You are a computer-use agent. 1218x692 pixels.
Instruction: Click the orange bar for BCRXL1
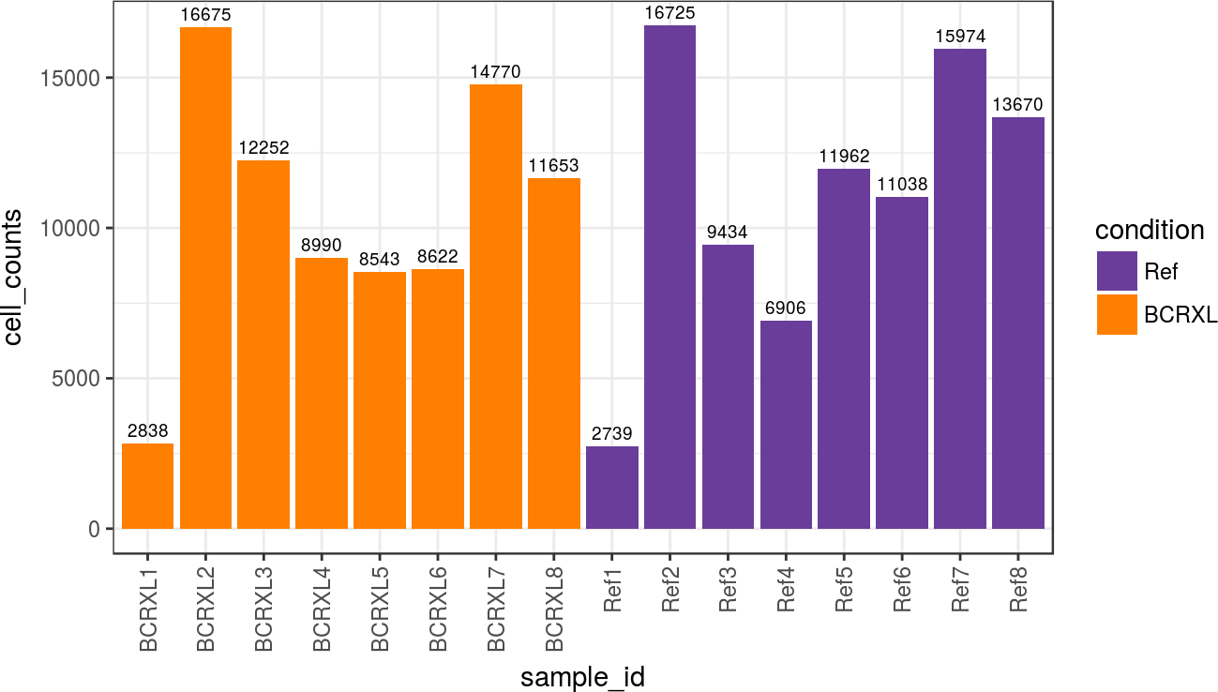tap(147, 486)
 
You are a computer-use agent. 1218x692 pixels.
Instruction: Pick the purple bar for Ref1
tap(612, 488)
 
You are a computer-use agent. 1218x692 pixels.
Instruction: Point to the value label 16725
tap(669, 13)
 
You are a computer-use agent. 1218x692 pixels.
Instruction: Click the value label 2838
tap(147, 431)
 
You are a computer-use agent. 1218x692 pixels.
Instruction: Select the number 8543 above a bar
tap(380, 260)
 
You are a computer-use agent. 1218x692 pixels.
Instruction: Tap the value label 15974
tap(960, 37)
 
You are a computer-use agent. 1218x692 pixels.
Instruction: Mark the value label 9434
tap(728, 233)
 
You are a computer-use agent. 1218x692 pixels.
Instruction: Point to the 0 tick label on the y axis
tap(95, 529)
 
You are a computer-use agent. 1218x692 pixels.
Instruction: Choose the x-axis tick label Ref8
tap(1019, 588)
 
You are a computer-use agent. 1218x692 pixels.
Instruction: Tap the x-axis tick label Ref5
tap(845, 588)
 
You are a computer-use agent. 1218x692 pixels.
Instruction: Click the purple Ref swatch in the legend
tap(1116, 272)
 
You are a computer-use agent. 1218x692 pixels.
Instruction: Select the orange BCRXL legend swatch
tap(1116, 314)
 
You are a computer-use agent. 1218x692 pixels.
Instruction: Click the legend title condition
tap(1150, 230)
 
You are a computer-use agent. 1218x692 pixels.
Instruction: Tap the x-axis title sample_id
tap(582, 677)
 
